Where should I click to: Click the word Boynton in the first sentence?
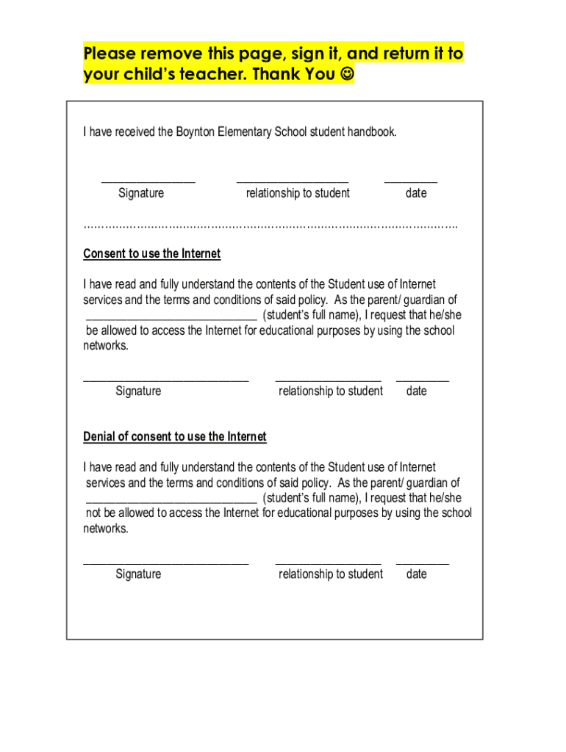[x=196, y=132]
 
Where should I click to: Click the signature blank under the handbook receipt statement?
[x=148, y=180]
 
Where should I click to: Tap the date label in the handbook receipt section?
[x=415, y=193]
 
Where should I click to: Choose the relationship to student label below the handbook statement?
[x=298, y=193]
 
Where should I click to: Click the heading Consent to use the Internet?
[x=151, y=254]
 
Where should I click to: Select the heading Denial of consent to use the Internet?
[x=174, y=437]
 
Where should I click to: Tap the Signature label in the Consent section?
[x=138, y=391]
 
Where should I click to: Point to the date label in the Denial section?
[x=416, y=574]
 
